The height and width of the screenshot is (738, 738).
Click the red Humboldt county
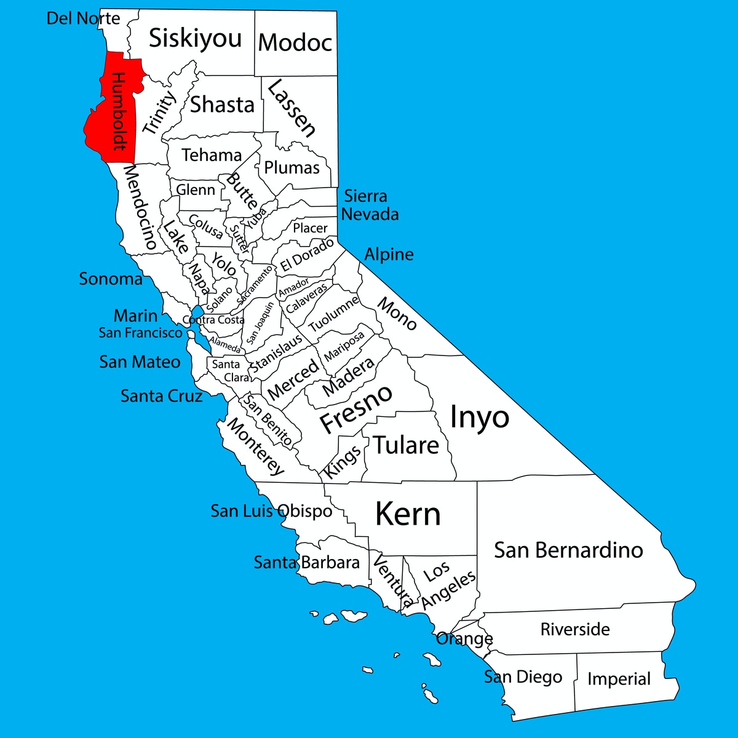(114, 111)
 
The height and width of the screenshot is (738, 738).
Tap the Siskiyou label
(196, 39)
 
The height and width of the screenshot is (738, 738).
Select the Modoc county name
(295, 42)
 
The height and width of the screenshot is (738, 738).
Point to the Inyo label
(479, 418)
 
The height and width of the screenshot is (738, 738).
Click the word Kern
(408, 514)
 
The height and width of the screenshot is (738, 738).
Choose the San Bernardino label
(568, 550)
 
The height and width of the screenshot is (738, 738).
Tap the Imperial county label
(619, 679)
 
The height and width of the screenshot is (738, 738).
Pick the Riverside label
(575, 629)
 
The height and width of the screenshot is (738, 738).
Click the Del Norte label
(83, 18)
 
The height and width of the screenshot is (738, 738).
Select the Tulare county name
(407, 445)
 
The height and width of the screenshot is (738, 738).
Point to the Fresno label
(355, 408)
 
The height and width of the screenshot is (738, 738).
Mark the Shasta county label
(222, 105)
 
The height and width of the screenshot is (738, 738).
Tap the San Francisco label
(141, 333)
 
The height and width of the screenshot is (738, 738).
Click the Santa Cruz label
(161, 396)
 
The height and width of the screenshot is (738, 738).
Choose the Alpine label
(389, 254)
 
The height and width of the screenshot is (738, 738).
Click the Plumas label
(292, 168)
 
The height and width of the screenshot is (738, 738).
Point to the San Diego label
(523, 677)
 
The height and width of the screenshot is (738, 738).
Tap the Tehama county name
(212, 155)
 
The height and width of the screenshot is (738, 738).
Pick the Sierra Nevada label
(369, 205)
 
